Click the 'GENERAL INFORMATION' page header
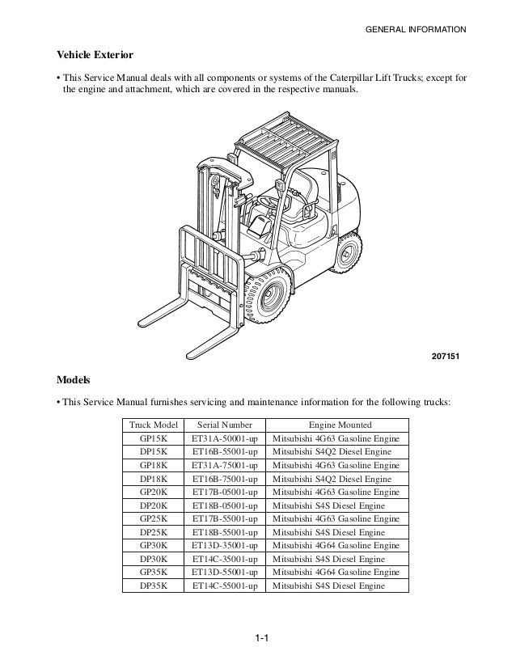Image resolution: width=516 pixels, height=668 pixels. (416, 30)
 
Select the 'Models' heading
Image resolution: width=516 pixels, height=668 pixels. (72, 378)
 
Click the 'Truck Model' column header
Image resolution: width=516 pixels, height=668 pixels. (154, 425)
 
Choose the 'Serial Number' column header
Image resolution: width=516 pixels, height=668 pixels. (224, 425)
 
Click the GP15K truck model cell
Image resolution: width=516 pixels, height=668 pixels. (154, 438)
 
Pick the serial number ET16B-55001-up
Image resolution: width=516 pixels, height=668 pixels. (224, 452)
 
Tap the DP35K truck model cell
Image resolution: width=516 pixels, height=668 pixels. (154, 585)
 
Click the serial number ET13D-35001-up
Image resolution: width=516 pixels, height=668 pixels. (224, 545)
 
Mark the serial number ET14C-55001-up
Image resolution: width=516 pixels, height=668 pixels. (224, 585)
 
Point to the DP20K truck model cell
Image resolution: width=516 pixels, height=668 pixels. (154, 505)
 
